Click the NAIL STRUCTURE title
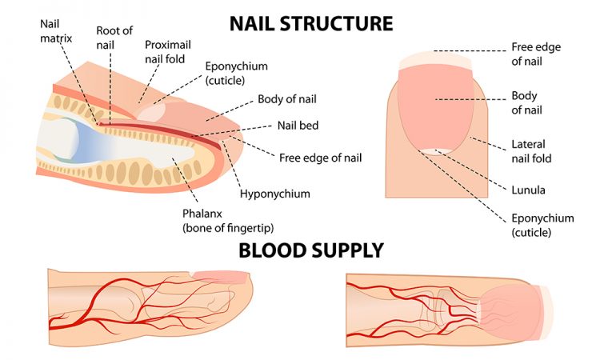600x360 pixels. click(x=311, y=22)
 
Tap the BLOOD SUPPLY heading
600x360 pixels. click(x=310, y=250)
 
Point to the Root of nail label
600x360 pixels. click(x=114, y=36)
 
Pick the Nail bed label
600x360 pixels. click(x=298, y=125)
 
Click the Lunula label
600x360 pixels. click(x=528, y=190)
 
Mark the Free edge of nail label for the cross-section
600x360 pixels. click(x=320, y=158)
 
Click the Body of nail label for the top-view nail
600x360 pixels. click(x=524, y=102)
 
